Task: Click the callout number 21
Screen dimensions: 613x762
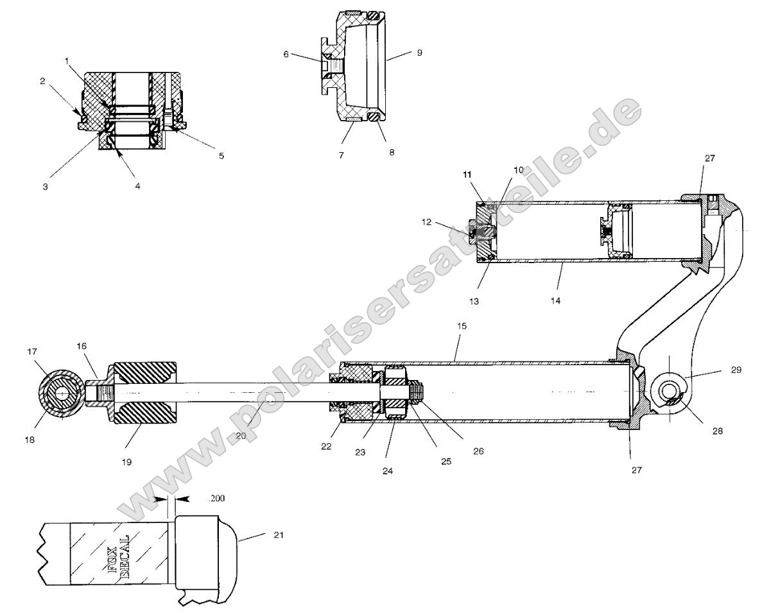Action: pos(278,534)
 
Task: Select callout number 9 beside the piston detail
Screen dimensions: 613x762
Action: pos(419,53)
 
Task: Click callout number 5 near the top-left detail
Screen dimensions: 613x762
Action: pos(221,155)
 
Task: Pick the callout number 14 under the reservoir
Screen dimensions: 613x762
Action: pos(556,300)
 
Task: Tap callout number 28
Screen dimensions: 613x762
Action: pos(717,431)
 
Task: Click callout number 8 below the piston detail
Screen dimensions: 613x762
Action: pos(392,153)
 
